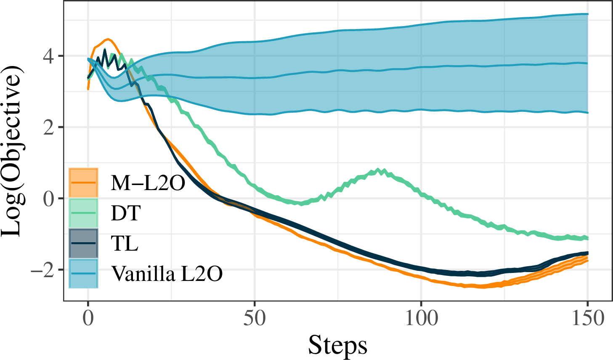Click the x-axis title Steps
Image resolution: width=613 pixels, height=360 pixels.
tap(338, 345)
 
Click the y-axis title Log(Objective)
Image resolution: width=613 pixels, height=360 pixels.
tap(12, 151)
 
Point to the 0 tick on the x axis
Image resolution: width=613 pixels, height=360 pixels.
tap(88, 319)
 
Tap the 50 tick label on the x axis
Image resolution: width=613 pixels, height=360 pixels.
tap(255, 319)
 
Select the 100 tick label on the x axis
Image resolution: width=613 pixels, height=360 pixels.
tap(421, 319)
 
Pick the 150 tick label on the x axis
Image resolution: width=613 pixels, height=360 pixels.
tap(588, 319)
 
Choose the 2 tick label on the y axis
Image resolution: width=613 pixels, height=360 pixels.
tap(48, 127)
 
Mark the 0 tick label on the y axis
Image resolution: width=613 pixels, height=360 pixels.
tap(48, 199)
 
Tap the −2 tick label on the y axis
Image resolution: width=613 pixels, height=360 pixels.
tap(42, 270)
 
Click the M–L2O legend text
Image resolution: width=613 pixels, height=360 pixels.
tap(148, 183)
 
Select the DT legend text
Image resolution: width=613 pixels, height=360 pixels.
tap(126, 213)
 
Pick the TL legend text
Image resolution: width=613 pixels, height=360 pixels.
tap(125, 243)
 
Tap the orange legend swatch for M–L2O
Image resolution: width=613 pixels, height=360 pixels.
tap(83, 183)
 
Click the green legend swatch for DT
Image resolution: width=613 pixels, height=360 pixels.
tap(83, 213)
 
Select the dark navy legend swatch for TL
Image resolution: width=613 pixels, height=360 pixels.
tap(83, 243)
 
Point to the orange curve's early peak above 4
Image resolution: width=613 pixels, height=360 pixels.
tap(108, 40)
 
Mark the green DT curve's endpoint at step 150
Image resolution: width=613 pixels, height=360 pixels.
tap(588, 238)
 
